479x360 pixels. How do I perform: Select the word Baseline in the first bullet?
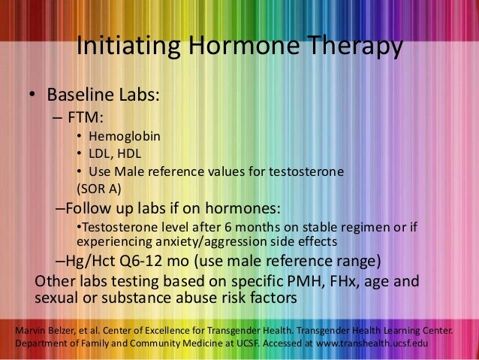(80, 96)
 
